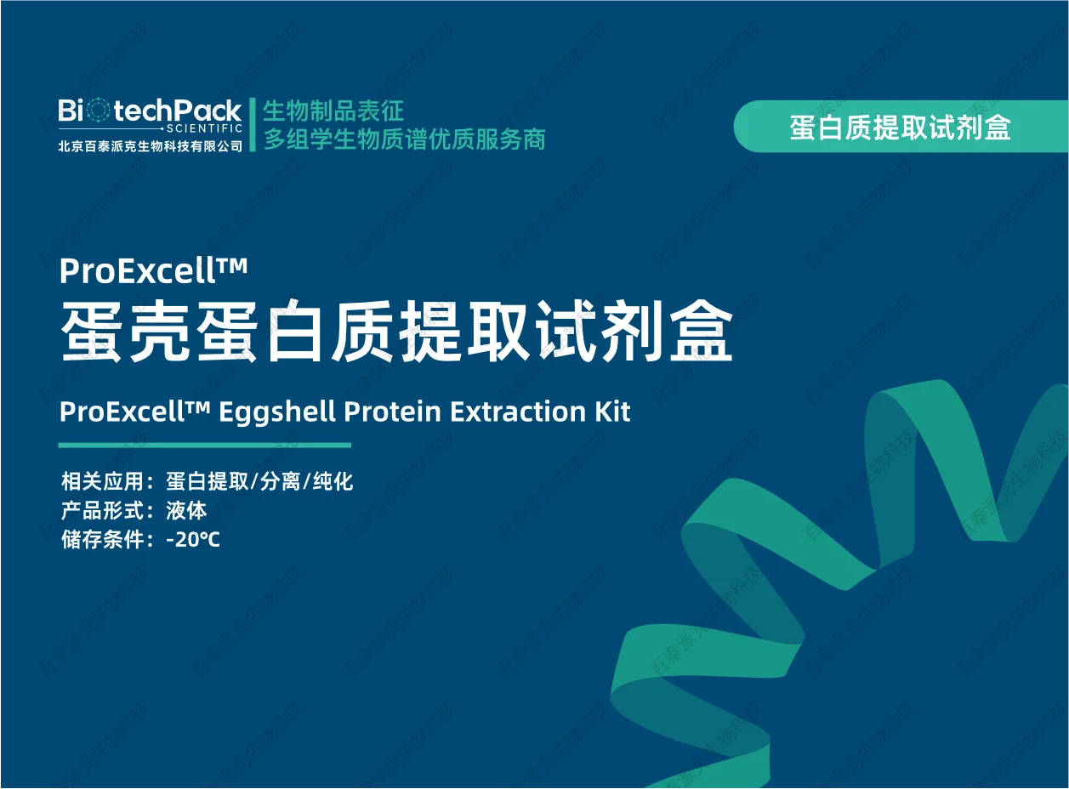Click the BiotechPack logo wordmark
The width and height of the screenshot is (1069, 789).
pyautogui.click(x=150, y=111)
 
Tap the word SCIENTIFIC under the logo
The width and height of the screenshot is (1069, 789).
pyautogui.click(x=204, y=128)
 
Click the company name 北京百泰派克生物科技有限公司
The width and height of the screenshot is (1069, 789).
pyautogui.click(x=150, y=145)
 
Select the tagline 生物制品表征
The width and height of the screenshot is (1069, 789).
pyautogui.click(x=333, y=111)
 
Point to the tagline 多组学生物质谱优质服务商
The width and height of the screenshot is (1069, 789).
pyautogui.click(x=404, y=139)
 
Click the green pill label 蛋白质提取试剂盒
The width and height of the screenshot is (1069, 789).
pyautogui.click(x=900, y=128)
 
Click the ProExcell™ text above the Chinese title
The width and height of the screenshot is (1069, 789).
pyautogui.click(x=153, y=271)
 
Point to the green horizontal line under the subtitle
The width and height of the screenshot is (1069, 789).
pyautogui.click(x=204, y=445)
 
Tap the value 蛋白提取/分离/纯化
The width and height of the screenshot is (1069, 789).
pyautogui.click(x=259, y=482)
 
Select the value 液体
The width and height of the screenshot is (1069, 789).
pyautogui.click(x=186, y=511)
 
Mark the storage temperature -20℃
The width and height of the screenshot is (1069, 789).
pyautogui.click(x=193, y=539)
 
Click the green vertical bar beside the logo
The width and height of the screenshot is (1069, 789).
pyautogui.click(x=253, y=124)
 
